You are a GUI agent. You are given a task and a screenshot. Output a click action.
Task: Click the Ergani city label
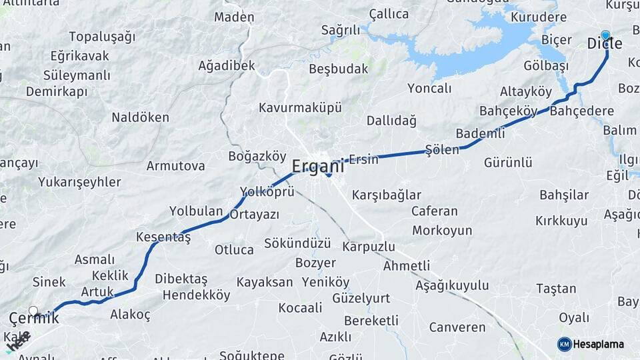click(x=318, y=165)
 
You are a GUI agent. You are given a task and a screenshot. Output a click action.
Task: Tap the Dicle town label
click(x=605, y=44)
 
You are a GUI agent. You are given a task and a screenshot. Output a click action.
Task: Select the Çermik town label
click(x=33, y=319)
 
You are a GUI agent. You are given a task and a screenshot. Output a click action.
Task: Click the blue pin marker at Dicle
click(x=605, y=35)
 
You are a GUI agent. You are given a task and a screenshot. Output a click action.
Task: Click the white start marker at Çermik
click(x=33, y=311)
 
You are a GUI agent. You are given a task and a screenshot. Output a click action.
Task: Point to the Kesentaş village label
click(x=163, y=237)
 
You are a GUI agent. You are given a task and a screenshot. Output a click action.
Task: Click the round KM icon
click(x=565, y=344)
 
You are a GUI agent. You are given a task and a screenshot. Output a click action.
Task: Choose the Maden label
click(x=234, y=17)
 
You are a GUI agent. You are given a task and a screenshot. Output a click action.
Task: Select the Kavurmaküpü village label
click(x=300, y=107)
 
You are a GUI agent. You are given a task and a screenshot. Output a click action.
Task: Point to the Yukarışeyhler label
click(x=79, y=182)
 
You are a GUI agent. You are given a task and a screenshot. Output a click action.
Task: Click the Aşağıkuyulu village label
click(x=452, y=285)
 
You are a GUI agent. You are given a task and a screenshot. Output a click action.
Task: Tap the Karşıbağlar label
click(x=387, y=195)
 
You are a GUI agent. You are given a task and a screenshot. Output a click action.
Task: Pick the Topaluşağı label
click(x=102, y=37)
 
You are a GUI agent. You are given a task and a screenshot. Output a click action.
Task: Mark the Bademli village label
click(x=480, y=133)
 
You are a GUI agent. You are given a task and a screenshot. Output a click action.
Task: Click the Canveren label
click(x=457, y=327)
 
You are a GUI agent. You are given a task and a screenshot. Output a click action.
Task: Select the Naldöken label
click(x=140, y=117)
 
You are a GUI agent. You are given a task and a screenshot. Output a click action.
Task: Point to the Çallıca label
click(x=389, y=14)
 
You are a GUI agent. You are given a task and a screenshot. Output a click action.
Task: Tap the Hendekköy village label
click(x=196, y=295)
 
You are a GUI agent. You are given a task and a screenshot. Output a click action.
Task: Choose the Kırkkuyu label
click(x=561, y=221)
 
